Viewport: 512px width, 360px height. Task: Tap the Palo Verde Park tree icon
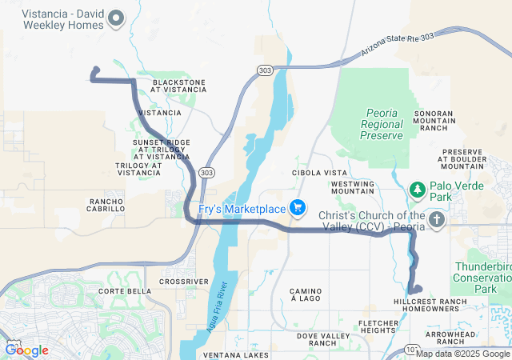click(x=417, y=190)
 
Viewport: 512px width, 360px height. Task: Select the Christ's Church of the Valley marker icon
click(x=437, y=220)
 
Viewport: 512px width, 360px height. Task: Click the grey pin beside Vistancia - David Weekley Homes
click(x=116, y=18)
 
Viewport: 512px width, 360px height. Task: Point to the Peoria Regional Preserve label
click(x=382, y=124)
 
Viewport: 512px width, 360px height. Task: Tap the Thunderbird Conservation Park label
click(x=483, y=277)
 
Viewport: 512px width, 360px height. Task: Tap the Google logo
click(x=26, y=350)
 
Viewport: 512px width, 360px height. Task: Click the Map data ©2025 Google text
click(x=463, y=354)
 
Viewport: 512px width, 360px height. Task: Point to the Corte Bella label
click(x=123, y=291)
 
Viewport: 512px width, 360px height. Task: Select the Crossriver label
click(x=184, y=282)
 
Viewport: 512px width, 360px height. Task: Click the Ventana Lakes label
click(x=236, y=354)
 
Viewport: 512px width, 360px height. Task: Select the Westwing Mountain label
click(x=352, y=187)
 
